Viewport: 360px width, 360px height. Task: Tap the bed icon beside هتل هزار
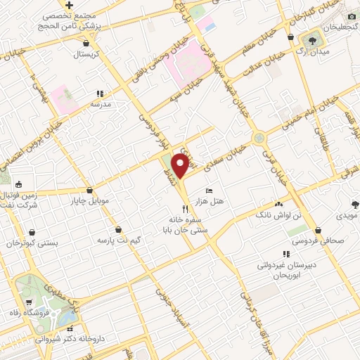click(208, 191)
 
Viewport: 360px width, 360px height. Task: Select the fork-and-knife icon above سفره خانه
click(186, 208)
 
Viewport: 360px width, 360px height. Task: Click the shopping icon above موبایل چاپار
click(89, 190)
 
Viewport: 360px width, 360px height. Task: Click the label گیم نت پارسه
click(139, 240)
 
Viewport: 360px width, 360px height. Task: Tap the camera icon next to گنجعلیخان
click(351, 15)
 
